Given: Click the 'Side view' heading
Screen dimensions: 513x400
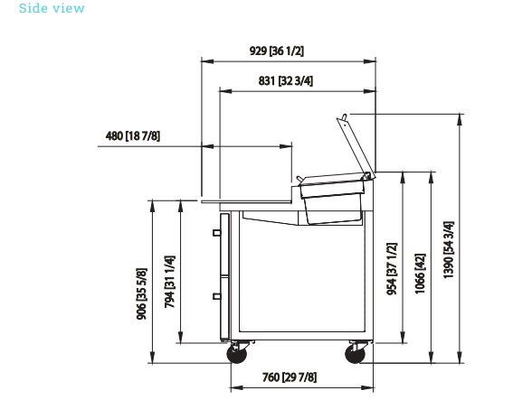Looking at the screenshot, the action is coord(52,8).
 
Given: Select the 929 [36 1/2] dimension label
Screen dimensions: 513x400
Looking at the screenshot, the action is coord(277,51).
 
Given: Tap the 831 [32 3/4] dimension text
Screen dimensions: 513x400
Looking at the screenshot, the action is coord(286,80).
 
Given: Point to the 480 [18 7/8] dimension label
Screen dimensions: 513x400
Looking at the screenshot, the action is coord(133,135).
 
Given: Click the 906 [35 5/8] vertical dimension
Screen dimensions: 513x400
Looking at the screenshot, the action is coord(142,293).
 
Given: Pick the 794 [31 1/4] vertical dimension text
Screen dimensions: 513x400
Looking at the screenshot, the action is coord(169,282).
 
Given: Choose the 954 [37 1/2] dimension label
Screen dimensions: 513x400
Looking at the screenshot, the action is coord(392,269).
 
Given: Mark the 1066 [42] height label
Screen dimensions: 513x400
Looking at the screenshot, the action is coord(420,274).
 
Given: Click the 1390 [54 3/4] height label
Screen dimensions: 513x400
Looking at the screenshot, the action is coord(449,250).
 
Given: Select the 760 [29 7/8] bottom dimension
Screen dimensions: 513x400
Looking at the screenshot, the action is coord(290,377).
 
